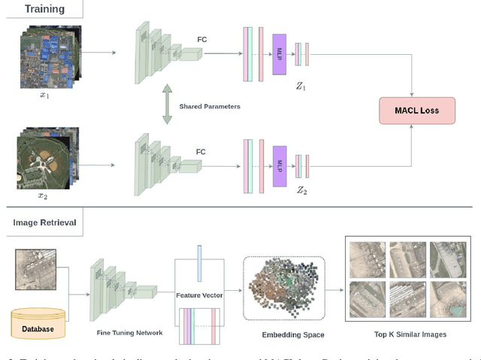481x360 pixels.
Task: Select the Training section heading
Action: pos(44,10)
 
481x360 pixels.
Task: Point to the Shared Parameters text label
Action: pos(210,107)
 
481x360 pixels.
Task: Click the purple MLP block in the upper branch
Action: pos(280,55)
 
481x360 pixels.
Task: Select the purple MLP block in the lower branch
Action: pos(280,164)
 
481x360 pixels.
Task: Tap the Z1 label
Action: pos(301,86)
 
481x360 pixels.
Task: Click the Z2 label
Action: pos(301,192)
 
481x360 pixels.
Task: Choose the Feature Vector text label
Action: pos(199,295)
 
